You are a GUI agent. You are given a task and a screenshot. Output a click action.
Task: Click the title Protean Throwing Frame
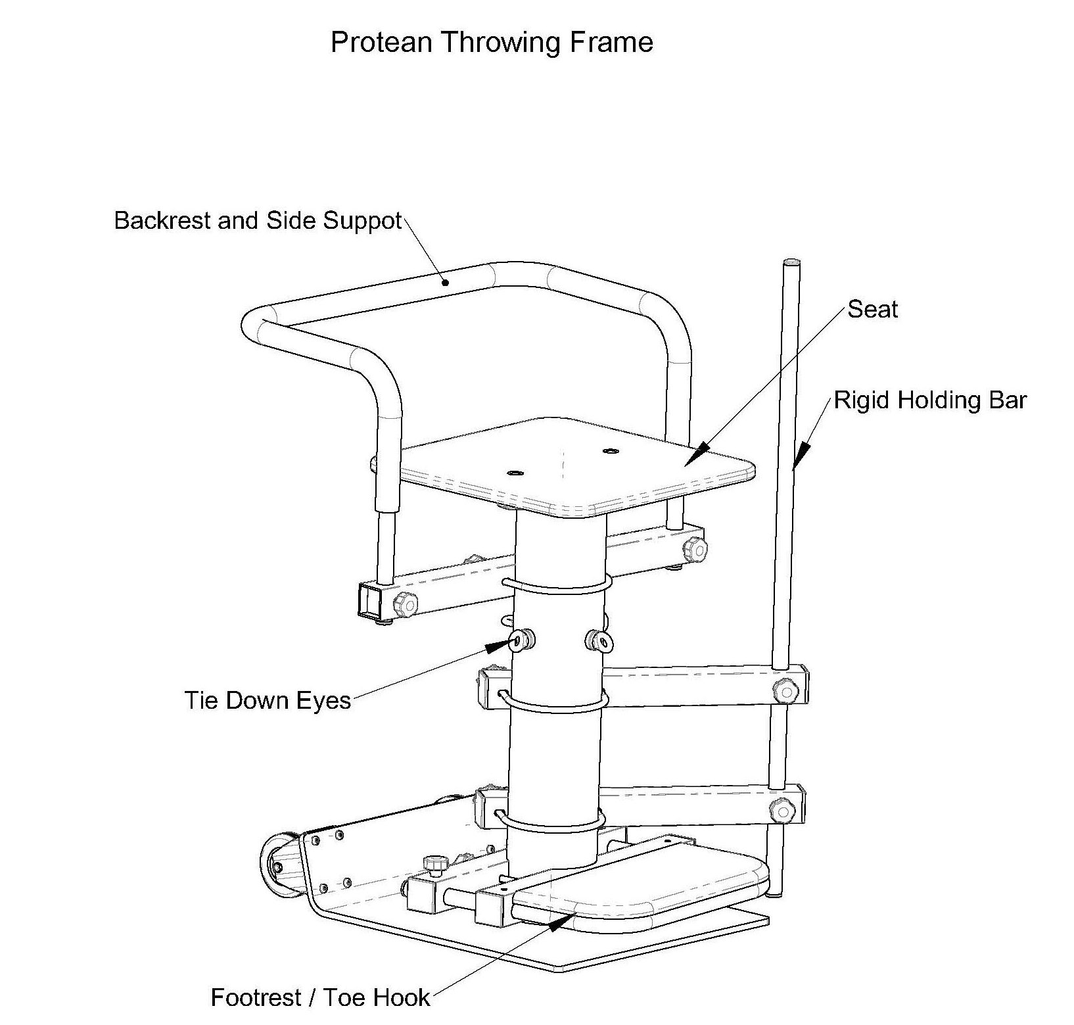[492, 43]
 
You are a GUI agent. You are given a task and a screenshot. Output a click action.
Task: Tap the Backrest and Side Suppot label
[258, 221]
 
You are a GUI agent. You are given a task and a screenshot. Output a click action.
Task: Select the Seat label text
[872, 309]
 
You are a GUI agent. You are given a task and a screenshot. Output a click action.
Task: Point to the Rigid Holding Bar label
[930, 400]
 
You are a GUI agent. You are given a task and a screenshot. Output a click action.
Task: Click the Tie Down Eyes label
[268, 700]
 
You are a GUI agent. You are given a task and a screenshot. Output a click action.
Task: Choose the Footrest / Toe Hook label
[320, 997]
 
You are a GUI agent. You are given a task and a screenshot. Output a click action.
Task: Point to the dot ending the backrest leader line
[446, 283]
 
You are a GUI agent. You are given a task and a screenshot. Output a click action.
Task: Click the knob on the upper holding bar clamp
[783, 691]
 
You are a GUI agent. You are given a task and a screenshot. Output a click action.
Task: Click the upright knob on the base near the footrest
[433, 863]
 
